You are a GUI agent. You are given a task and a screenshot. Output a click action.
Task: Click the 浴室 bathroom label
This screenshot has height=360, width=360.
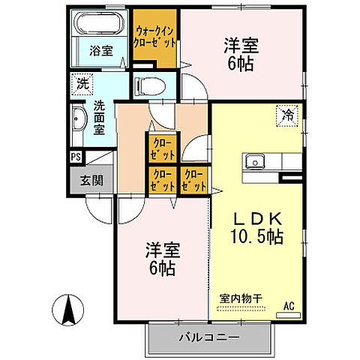coord(101,51)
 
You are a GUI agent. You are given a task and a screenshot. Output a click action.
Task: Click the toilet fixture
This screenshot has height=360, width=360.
coord(148,84)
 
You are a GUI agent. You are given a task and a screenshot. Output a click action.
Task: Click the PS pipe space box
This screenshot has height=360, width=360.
coord(76,157)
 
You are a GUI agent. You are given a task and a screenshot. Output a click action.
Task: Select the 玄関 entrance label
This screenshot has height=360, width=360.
coord(92,180)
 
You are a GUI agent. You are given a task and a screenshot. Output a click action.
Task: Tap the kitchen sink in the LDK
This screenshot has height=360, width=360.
coord(256,160)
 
